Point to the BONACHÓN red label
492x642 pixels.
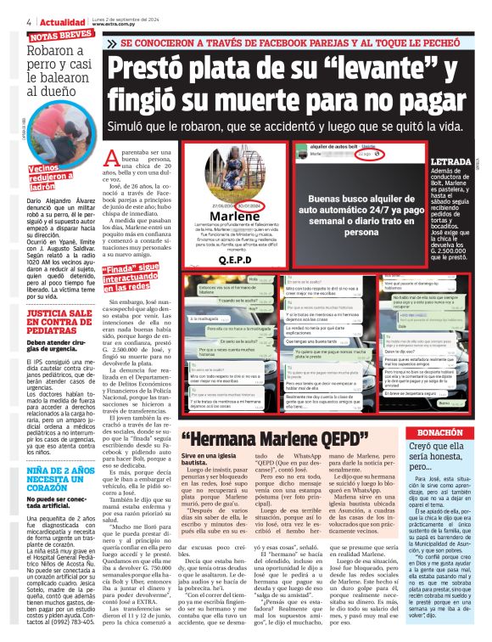pyautogui.click(x=447, y=431)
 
